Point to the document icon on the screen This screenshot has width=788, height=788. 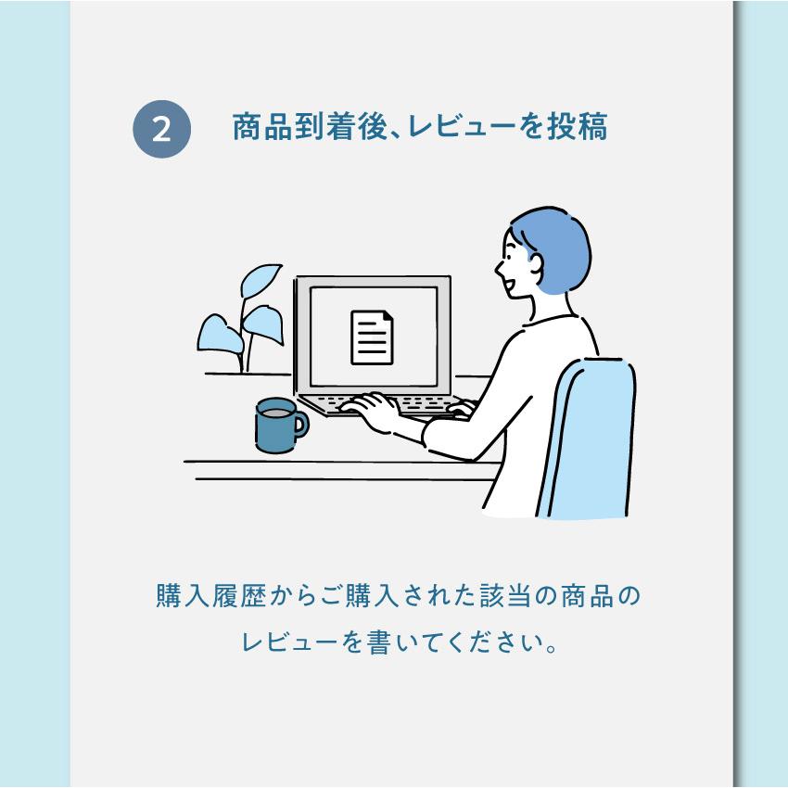(x=372, y=337)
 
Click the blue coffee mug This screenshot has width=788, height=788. (x=275, y=426)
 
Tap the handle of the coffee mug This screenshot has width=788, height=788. (x=300, y=426)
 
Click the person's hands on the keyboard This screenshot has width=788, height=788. (x=371, y=408)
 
